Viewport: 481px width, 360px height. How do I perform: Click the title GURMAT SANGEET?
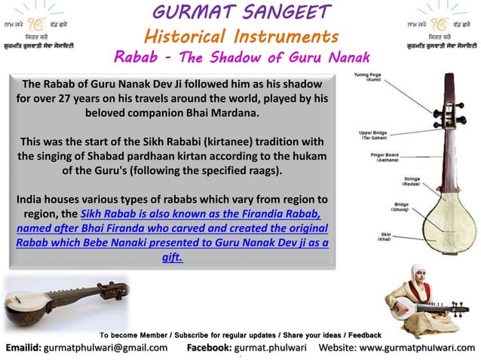click(x=242, y=12)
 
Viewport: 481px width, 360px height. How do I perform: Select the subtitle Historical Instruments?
click(x=241, y=35)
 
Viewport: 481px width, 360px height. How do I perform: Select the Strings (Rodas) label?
click(x=412, y=182)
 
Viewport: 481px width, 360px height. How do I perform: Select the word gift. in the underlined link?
click(x=172, y=257)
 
